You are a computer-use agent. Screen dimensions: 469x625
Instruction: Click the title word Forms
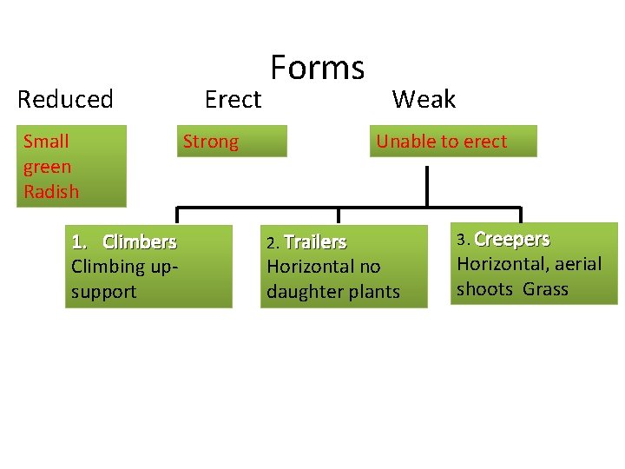pos(317,68)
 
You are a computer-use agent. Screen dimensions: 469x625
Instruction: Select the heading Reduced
pos(65,100)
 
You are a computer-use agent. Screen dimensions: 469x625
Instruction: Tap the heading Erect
pos(233,100)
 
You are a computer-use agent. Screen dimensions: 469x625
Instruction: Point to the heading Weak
pos(424,100)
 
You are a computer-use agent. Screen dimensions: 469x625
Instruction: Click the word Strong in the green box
pos(210,142)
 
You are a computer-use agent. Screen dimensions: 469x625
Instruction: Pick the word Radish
pos(51,192)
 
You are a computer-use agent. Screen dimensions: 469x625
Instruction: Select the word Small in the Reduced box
pos(46,142)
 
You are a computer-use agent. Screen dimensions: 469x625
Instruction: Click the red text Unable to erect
pos(441,142)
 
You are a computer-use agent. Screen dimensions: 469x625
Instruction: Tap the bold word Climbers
pos(139,241)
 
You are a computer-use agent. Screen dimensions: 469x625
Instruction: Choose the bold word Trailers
pos(315,241)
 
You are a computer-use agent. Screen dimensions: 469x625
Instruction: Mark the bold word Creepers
pos(512,239)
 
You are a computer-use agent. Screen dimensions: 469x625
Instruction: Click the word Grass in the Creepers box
pos(546,289)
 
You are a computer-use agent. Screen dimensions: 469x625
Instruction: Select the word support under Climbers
pos(103,292)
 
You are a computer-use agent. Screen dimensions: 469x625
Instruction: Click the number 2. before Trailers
pos(273,242)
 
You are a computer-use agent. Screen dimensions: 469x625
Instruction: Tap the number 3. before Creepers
pos(464,240)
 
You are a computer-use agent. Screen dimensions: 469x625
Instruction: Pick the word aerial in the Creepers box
pos(575,264)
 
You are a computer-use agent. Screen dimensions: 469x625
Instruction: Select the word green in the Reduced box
pos(48,167)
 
